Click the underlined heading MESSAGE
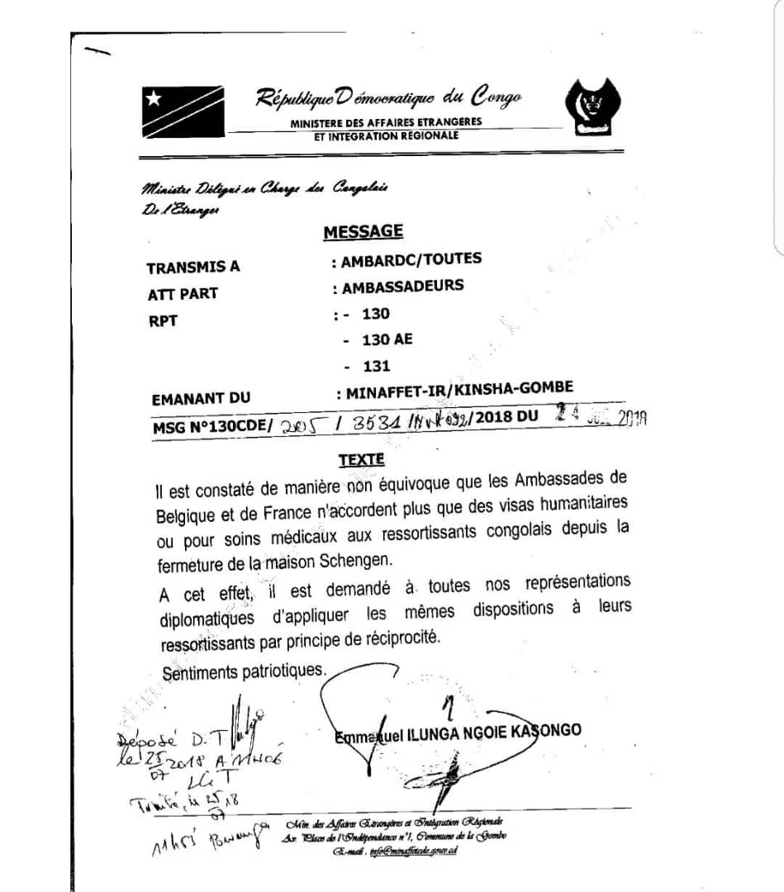pyautogui.click(x=363, y=232)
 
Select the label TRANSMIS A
pyautogui.click(x=193, y=268)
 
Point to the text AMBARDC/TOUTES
pyautogui.click(x=411, y=259)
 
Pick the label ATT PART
pyautogui.click(x=183, y=294)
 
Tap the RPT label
pyautogui.click(x=163, y=321)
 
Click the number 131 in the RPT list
pyautogui.click(x=376, y=366)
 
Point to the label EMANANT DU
pyautogui.click(x=201, y=399)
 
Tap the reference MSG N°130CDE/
pyautogui.click(x=212, y=427)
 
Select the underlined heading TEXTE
pyautogui.click(x=361, y=459)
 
